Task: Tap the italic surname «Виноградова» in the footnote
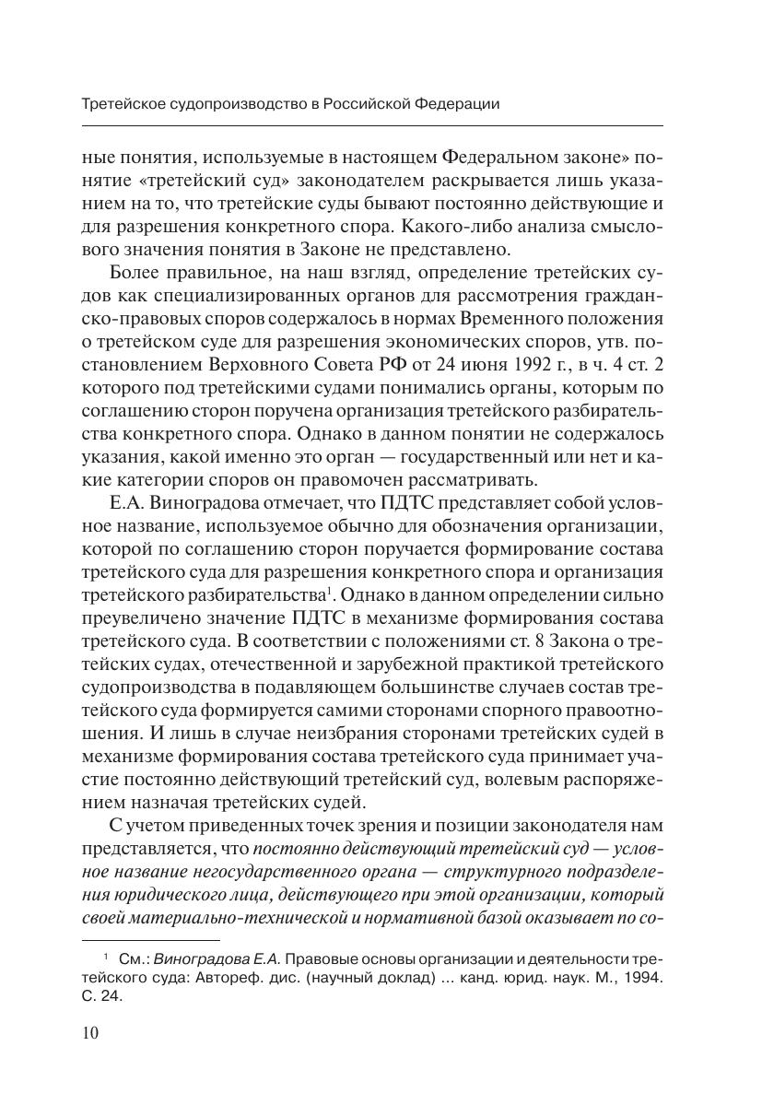199,959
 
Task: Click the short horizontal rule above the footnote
143,941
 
